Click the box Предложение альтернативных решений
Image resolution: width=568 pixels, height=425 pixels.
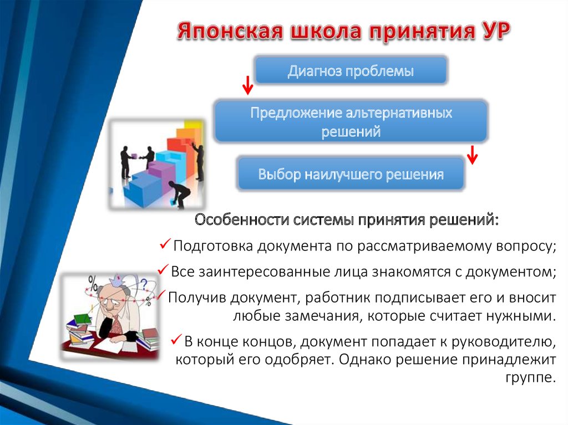tap(351, 122)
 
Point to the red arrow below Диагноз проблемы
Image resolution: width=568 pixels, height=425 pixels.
tap(247, 85)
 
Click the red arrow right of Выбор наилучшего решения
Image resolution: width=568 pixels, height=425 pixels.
tap(472, 155)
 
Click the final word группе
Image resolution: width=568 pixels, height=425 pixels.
tap(530, 379)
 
